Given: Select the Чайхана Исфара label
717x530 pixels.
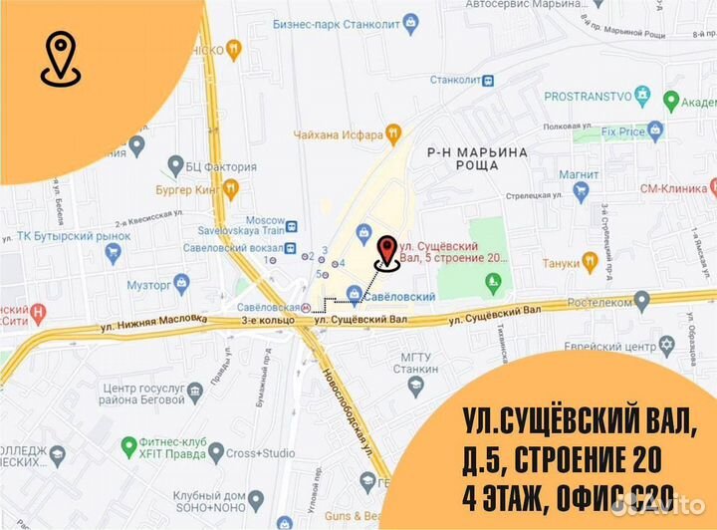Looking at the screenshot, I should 339,133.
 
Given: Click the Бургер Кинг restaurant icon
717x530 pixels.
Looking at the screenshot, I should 231,186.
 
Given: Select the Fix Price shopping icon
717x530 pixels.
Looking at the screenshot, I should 654,129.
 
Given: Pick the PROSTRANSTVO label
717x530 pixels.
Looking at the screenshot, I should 590,97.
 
